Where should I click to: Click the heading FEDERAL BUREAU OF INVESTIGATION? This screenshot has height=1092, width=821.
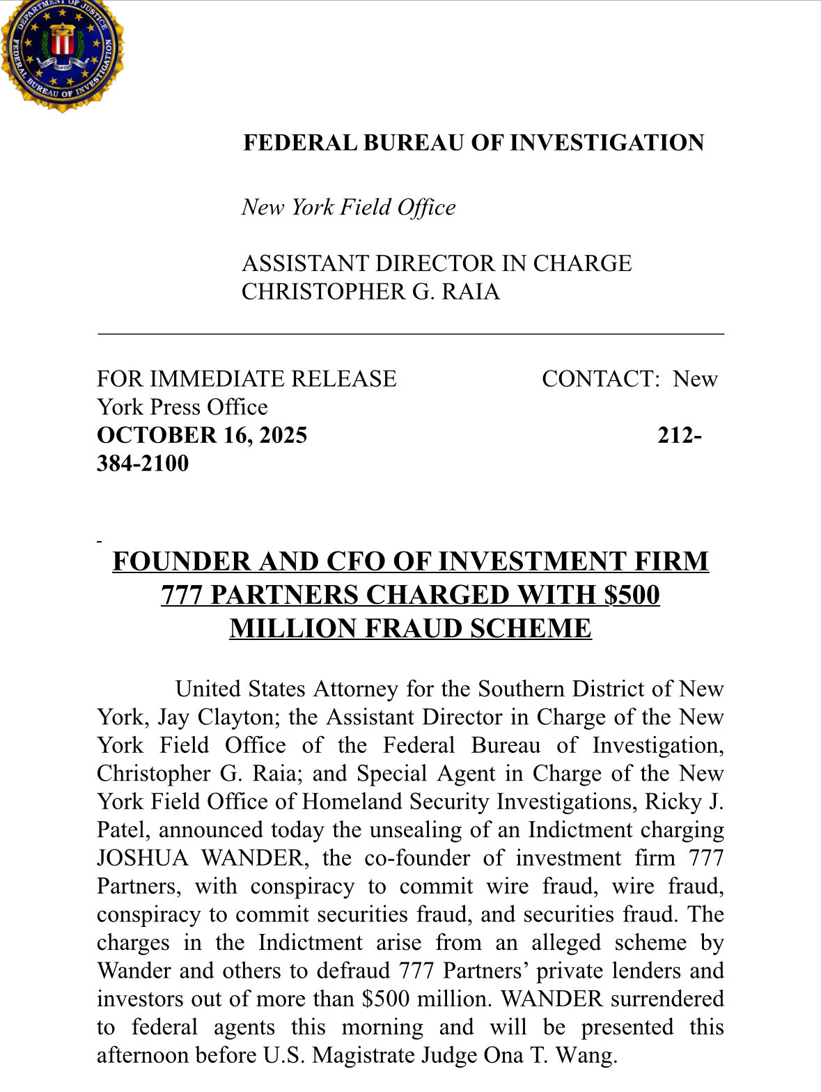(x=474, y=143)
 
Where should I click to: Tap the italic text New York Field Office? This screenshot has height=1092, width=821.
(x=348, y=208)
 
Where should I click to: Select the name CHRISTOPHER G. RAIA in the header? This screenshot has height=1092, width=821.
(x=370, y=292)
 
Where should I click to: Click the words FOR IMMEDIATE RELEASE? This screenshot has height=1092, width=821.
(x=247, y=379)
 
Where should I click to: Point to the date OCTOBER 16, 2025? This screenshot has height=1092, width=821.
(x=202, y=435)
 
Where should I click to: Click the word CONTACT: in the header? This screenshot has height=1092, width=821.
(x=600, y=379)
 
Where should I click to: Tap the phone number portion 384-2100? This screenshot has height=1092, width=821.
(x=143, y=464)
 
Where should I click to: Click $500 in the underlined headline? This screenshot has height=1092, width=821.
(x=632, y=595)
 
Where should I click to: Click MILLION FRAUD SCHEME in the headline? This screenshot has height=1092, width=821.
(x=410, y=629)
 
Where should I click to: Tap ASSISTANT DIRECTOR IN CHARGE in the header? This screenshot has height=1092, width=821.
(x=437, y=264)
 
